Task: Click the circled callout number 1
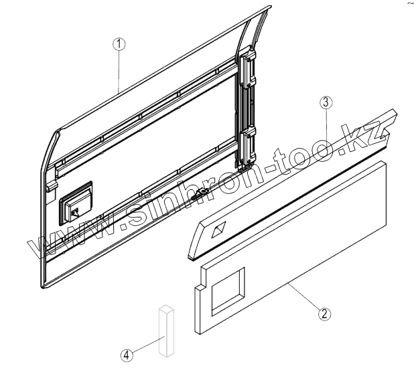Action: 119,44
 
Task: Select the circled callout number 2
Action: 323,312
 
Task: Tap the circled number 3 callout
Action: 324,102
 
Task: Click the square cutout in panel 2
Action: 227,290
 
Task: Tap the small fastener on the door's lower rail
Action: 201,193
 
